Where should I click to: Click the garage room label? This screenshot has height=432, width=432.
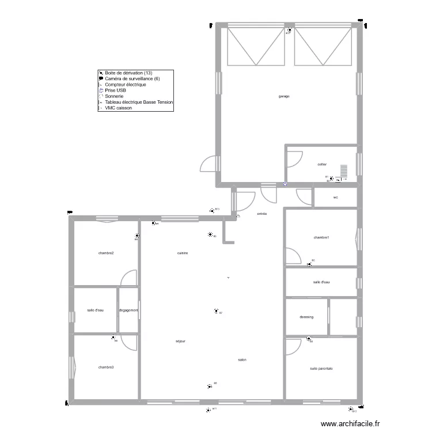click(283, 96)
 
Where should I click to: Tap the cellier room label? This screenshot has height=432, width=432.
click(322, 164)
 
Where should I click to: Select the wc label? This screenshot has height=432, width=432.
click(335, 198)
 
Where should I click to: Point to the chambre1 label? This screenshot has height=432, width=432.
click(321, 237)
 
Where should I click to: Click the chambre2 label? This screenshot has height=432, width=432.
click(105, 253)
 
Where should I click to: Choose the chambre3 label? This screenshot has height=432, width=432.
click(105, 367)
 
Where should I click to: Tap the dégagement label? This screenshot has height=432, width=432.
click(128, 310)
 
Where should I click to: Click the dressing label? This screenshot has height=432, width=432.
click(306, 317)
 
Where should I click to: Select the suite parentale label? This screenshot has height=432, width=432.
click(321, 369)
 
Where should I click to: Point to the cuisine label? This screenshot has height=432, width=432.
click(183, 253)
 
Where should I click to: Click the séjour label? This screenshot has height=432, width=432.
click(181, 341)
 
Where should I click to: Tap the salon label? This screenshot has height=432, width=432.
click(242, 360)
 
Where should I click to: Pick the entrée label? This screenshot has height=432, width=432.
click(262, 214)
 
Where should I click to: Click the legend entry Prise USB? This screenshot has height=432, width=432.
click(116, 90)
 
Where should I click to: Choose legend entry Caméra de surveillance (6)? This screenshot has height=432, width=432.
click(132, 79)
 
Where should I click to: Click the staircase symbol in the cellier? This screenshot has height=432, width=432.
click(344, 171)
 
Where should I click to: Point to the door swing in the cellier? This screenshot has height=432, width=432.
click(295, 158)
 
